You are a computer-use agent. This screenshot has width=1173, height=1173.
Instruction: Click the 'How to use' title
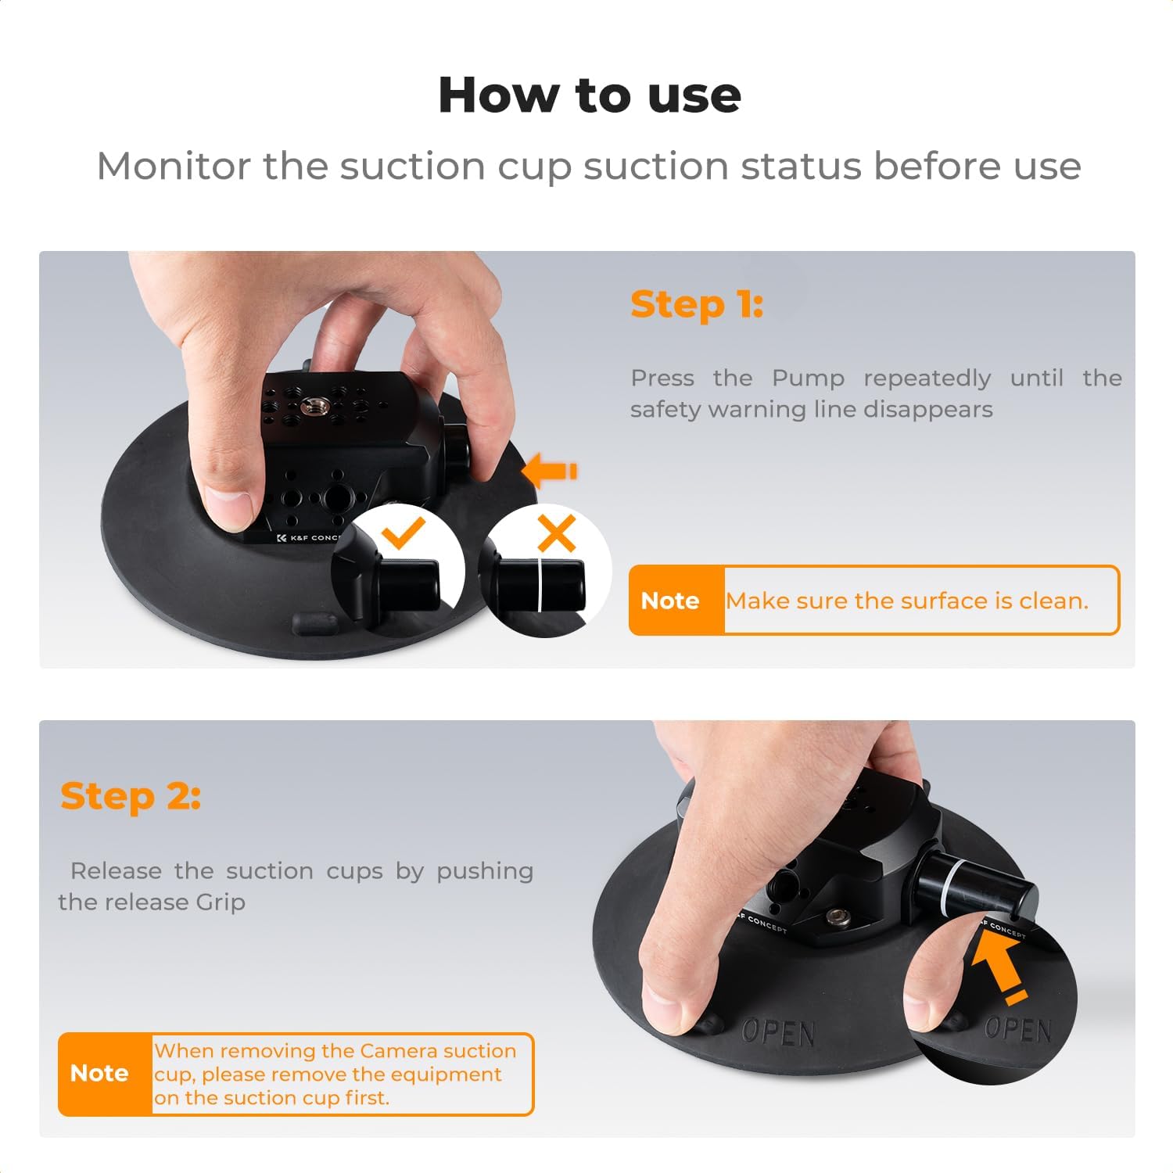(589, 95)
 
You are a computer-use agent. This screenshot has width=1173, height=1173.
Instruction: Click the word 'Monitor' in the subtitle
(174, 167)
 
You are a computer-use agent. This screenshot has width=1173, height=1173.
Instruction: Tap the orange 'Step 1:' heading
(696, 304)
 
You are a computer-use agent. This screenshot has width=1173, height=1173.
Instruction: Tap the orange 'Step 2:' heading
(131, 797)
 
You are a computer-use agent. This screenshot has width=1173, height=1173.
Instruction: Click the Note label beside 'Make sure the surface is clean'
(670, 601)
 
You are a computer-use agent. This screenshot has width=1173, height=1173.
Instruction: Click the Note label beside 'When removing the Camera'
(99, 1074)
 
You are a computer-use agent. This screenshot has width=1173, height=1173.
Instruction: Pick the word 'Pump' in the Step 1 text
(808, 378)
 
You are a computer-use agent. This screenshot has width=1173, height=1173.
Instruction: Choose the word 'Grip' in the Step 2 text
(221, 902)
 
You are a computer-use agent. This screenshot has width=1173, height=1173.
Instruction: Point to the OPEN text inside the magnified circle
(1017, 1029)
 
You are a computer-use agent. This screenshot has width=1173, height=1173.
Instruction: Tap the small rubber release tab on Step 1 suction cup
(314, 624)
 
